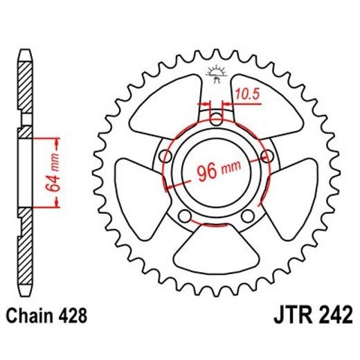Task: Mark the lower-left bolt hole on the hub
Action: pyautogui.click(x=183, y=216)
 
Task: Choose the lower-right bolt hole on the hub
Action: pyautogui.click(x=248, y=216)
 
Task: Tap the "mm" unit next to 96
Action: pyautogui.click(x=233, y=172)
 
